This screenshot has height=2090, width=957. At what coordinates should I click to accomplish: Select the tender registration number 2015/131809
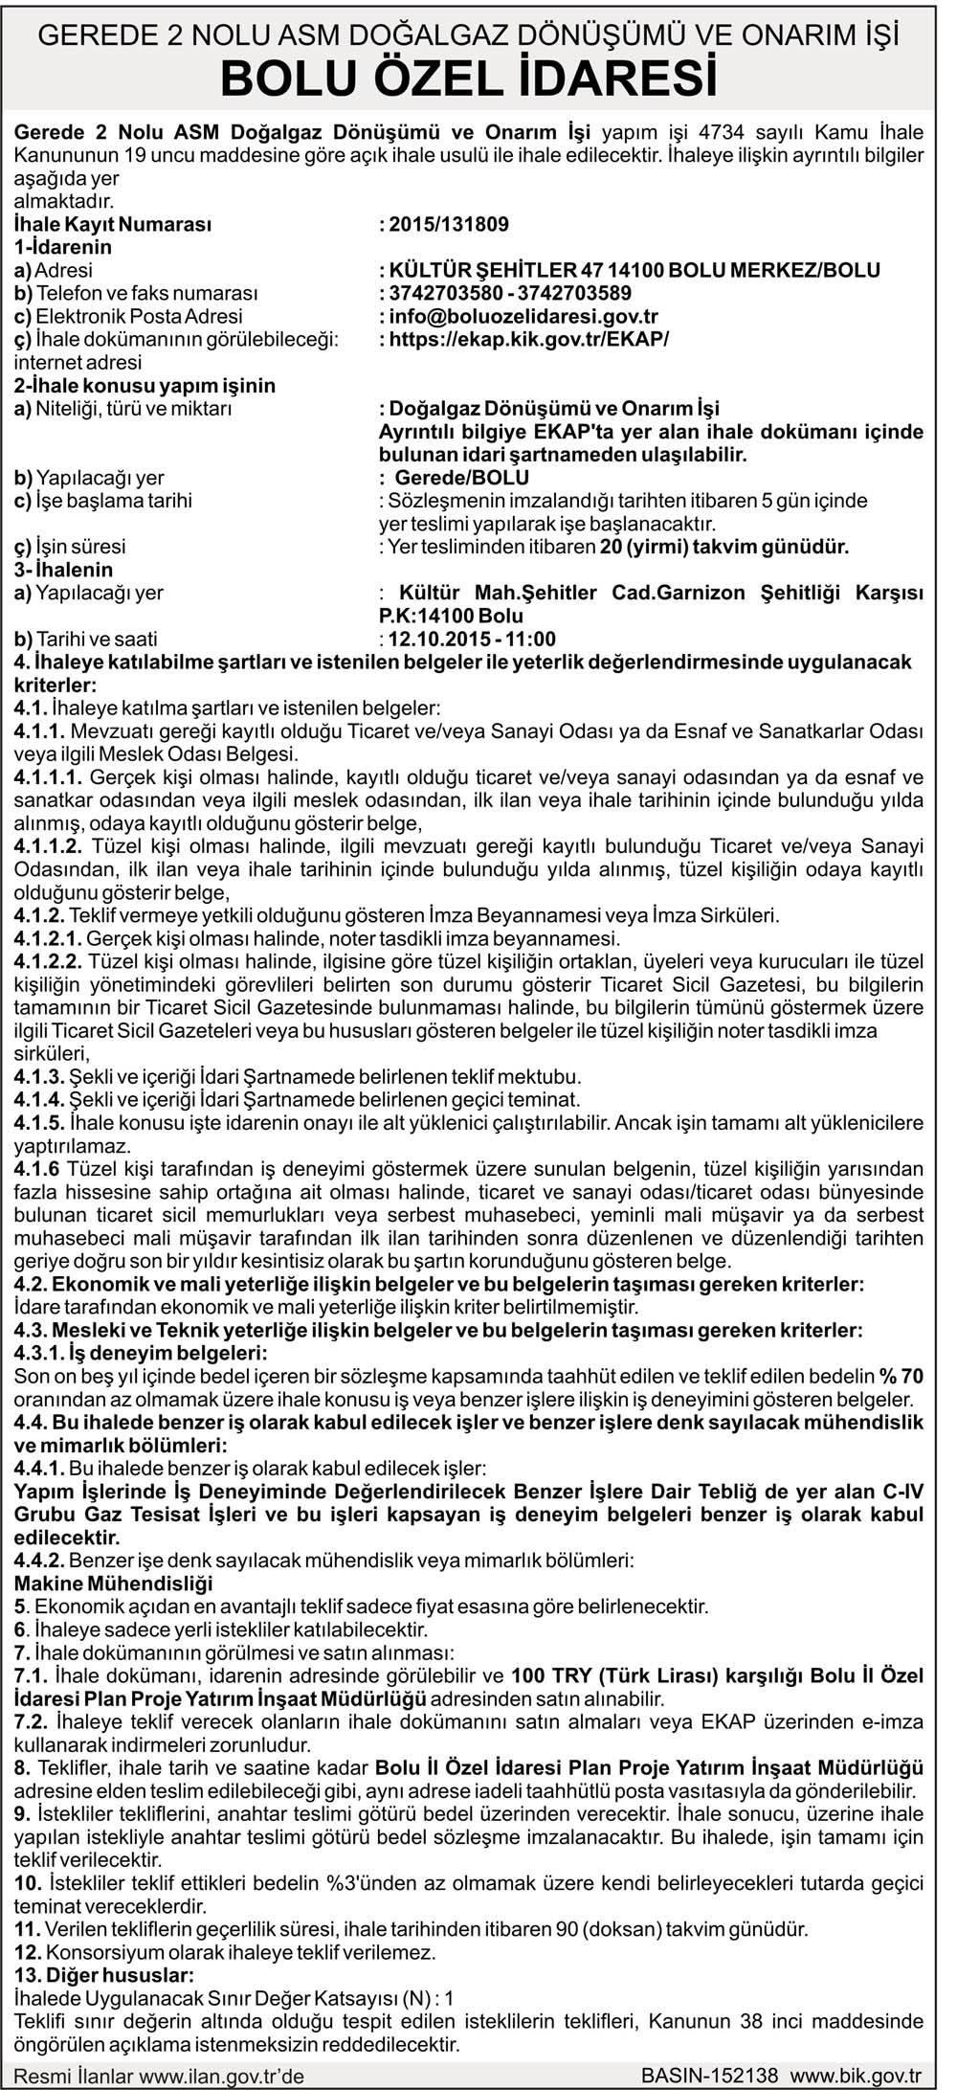[448, 225]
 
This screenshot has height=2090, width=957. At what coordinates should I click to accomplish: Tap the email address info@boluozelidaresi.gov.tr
[522, 317]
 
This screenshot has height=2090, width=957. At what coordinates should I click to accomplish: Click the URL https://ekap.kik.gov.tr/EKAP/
[527, 340]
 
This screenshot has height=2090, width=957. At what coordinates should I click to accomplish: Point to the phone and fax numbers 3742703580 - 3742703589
[509, 294]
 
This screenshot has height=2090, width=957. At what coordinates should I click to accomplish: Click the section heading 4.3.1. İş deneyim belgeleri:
[141, 1354]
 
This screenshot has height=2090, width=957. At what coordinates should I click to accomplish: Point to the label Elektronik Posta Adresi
[138, 317]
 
